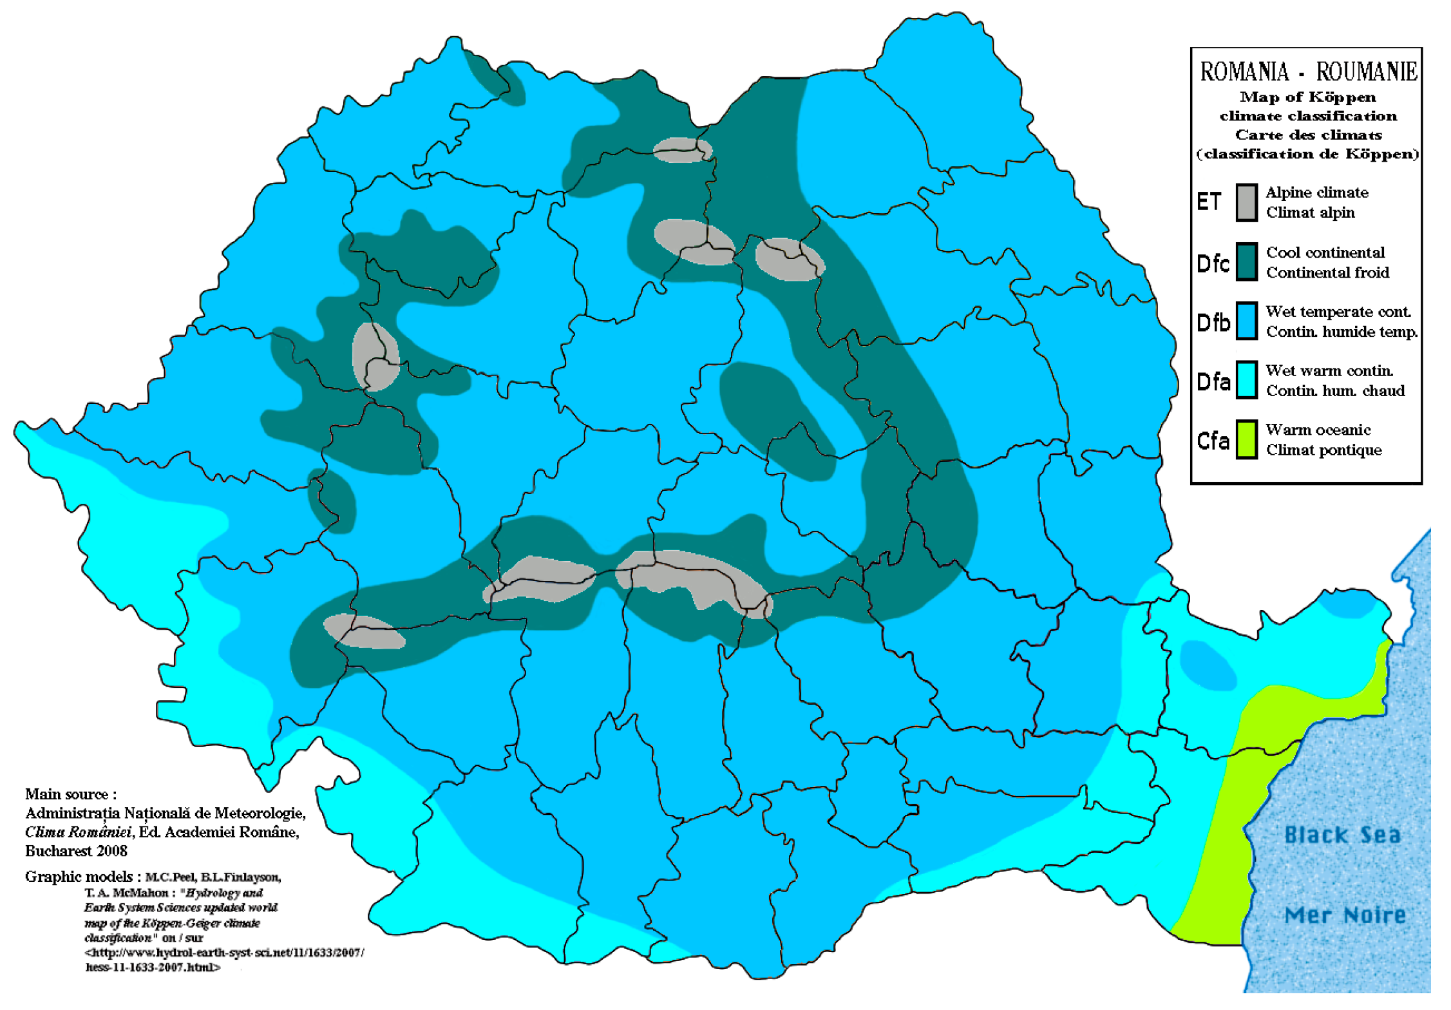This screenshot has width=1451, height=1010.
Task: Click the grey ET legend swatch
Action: click(x=1246, y=202)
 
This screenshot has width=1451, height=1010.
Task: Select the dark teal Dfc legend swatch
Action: click(x=1246, y=262)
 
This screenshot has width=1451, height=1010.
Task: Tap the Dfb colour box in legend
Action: click(x=1246, y=321)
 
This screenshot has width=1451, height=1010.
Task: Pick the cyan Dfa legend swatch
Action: click(x=1246, y=380)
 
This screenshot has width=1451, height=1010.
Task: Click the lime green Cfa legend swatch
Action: click(x=1246, y=439)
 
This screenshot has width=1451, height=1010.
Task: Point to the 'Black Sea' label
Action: click(x=1342, y=835)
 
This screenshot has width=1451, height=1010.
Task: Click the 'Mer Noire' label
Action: click(x=1345, y=915)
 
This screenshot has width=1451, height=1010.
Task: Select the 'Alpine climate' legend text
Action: click(x=1316, y=192)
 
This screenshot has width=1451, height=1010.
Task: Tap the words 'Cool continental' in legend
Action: click(x=1325, y=252)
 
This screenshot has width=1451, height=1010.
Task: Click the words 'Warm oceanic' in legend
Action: click(x=1318, y=430)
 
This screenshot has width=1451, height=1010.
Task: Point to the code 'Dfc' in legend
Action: click(x=1213, y=263)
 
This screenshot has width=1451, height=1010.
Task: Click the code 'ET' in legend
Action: click(x=1208, y=202)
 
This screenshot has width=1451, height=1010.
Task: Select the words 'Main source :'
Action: click(x=71, y=794)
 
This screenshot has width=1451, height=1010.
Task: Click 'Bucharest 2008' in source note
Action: click(x=76, y=851)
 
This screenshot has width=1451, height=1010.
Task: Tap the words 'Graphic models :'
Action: click(x=79, y=877)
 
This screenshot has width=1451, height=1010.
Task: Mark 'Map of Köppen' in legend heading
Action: click(x=1307, y=97)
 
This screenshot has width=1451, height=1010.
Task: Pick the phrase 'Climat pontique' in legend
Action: click(x=1323, y=450)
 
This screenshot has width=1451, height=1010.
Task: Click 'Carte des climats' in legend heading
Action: click(x=1307, y=135)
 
